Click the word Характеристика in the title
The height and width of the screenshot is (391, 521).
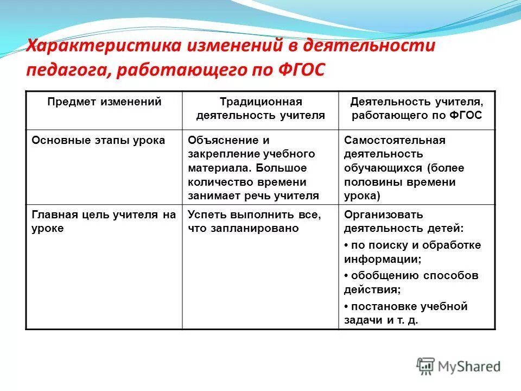pos(103,46)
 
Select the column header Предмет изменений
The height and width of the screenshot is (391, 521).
pos(104,102)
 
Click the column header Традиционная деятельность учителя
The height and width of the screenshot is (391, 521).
pos(260,108)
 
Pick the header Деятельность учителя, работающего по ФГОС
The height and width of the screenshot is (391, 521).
pos(416,108)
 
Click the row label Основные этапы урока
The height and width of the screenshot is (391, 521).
pos(98,140)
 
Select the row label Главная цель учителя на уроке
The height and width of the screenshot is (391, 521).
pos(104,222)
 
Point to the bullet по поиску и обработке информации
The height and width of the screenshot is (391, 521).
pos(412,252)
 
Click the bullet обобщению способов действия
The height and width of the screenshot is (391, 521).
pos(411,282)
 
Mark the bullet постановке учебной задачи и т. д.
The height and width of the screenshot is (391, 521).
pos(405,313)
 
